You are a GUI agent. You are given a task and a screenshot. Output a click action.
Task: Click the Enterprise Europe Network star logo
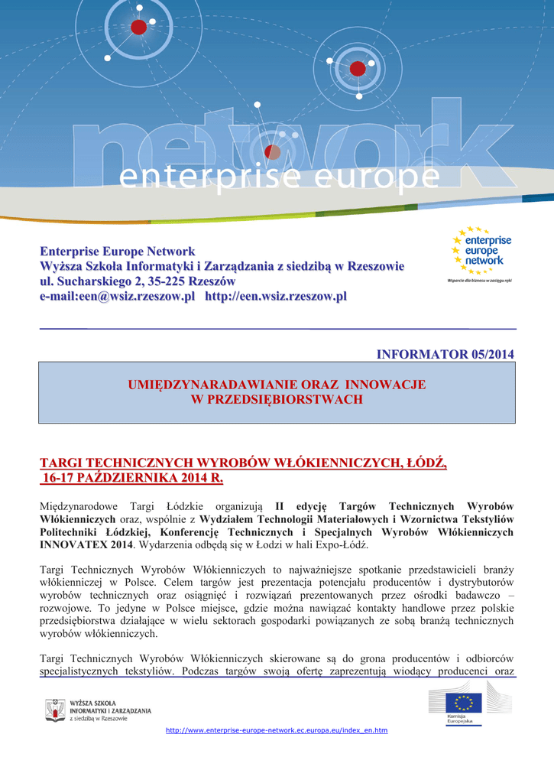point(479,252)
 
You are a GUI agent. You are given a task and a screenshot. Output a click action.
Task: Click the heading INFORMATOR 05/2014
point(445,354)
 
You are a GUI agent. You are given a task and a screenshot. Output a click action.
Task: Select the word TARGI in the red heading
point(62,464)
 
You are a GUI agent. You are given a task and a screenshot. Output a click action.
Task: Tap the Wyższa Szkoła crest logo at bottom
point(54,710)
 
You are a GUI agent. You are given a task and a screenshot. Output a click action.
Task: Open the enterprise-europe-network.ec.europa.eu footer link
point(276,730)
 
